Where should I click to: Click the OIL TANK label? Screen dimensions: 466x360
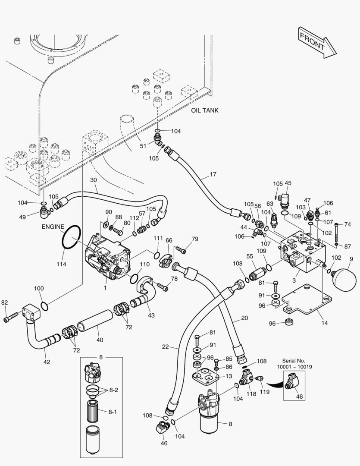[x=204, y=110]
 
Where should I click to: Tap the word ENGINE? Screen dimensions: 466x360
[x=53, y=227]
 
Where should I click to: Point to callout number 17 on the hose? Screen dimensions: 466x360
[x=213, y=175]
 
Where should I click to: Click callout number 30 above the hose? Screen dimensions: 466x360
[x=94, y=180]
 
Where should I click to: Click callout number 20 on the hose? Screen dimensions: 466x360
[x=244, y=319]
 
